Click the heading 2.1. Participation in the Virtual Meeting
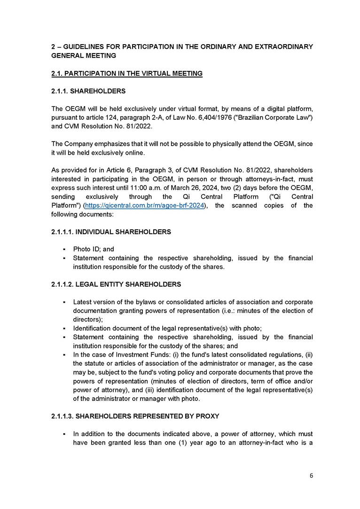coord(127,73)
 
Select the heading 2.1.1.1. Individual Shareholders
coord(111,232)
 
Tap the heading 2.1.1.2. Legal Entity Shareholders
coord(116,284)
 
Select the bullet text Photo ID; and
coord(94,249)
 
